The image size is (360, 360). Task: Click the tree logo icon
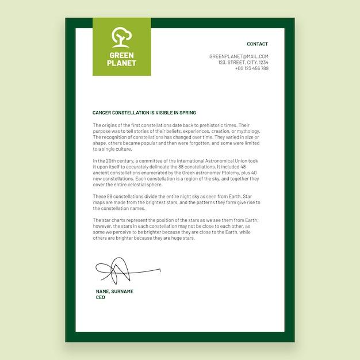click(121, 37)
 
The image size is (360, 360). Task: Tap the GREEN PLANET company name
click(121, 59)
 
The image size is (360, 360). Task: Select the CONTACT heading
click(257, 44)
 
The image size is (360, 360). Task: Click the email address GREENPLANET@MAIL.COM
click(239, 56)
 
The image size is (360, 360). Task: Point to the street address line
click(243, 62)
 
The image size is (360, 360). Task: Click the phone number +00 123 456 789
click(251, 68)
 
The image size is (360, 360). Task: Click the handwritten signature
click(124, 270)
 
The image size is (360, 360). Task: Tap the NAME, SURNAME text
click(114, 292)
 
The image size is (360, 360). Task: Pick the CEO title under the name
click(101, 297)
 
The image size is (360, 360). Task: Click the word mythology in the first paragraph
click(248, 131)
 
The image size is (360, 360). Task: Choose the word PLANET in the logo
click(121, 63)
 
